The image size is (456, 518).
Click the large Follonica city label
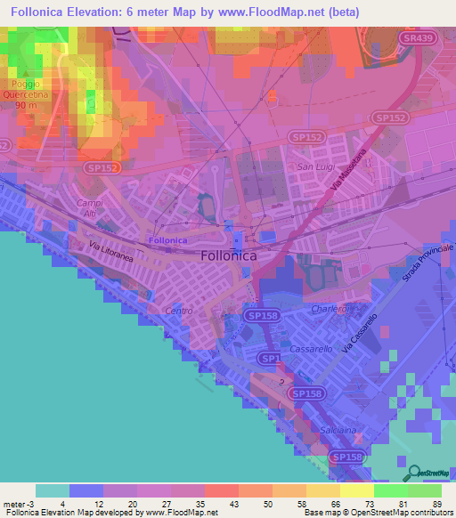click(229, 255)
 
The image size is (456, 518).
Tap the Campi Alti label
click(91, 207)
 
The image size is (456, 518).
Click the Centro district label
click(180, 311)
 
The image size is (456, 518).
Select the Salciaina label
click(341, 429)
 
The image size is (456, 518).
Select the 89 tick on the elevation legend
click(436, 504)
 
